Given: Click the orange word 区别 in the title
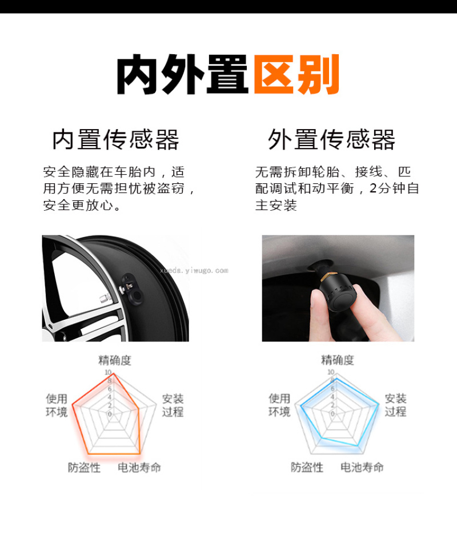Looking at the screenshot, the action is click(296, 74).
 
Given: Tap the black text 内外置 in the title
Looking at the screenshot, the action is click(182, 74).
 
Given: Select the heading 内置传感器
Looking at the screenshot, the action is click(115, 139).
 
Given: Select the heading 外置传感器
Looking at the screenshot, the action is click(331, 139).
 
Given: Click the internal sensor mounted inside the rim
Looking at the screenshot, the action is click(133, 289).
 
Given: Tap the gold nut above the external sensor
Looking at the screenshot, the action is click(325, 276).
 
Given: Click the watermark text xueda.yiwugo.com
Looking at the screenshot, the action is click(194, 271).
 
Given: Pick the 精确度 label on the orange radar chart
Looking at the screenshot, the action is click(115, 360).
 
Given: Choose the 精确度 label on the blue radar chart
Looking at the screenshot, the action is click(338, 360).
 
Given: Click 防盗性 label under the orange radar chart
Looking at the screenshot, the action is click(84, 468).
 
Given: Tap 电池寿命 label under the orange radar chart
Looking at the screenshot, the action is click(139, 468).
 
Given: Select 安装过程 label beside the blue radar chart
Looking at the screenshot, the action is click(395, 405).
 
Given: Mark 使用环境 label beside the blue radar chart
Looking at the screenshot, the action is click(279, 405).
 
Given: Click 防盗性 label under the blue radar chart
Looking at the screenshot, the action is click(307, 467).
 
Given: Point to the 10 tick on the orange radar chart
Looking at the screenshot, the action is click(108, 372).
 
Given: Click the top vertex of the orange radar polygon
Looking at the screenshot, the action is click(113, 374).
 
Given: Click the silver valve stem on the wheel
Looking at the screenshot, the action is click(105, 298).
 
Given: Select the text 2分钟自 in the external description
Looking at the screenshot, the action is click(394, 188).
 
